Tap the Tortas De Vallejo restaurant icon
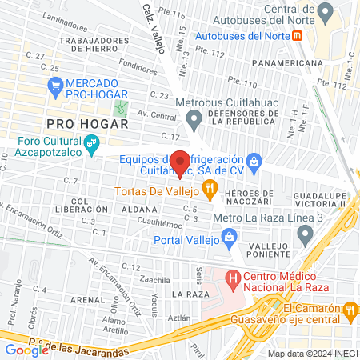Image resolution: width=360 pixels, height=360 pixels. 210,190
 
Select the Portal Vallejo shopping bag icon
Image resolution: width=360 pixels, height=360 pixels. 230,236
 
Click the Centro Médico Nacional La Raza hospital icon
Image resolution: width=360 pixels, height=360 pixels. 233,279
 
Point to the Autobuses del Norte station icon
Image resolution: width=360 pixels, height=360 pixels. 297,36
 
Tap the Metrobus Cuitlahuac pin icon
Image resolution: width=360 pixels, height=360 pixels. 194,120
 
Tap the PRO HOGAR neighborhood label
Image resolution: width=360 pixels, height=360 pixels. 87,124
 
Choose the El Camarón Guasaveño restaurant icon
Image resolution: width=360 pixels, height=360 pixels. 349,309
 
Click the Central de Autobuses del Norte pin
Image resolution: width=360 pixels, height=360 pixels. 324,13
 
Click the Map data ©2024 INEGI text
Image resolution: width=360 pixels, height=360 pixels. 311,353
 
